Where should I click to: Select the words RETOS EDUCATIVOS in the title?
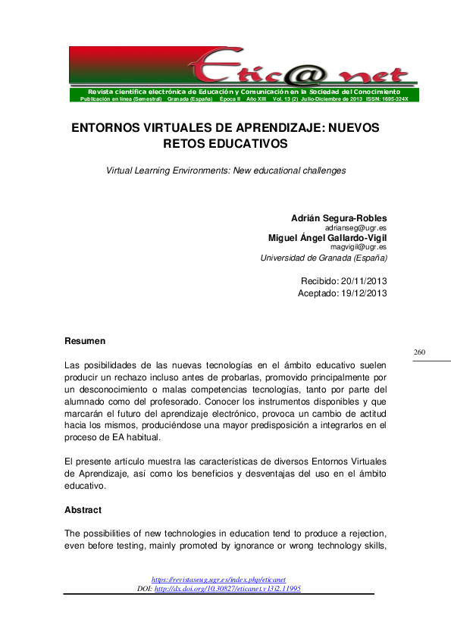pos(225,142)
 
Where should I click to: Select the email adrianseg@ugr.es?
pos(355,227)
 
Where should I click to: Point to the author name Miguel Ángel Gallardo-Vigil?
pos(327,237)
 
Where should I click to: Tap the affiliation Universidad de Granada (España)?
pos(324,258)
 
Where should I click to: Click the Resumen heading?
pos(85,341)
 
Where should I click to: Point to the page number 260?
pos(420,352)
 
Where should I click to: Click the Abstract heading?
pos(83,510)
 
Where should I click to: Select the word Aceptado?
pos(320,292)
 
